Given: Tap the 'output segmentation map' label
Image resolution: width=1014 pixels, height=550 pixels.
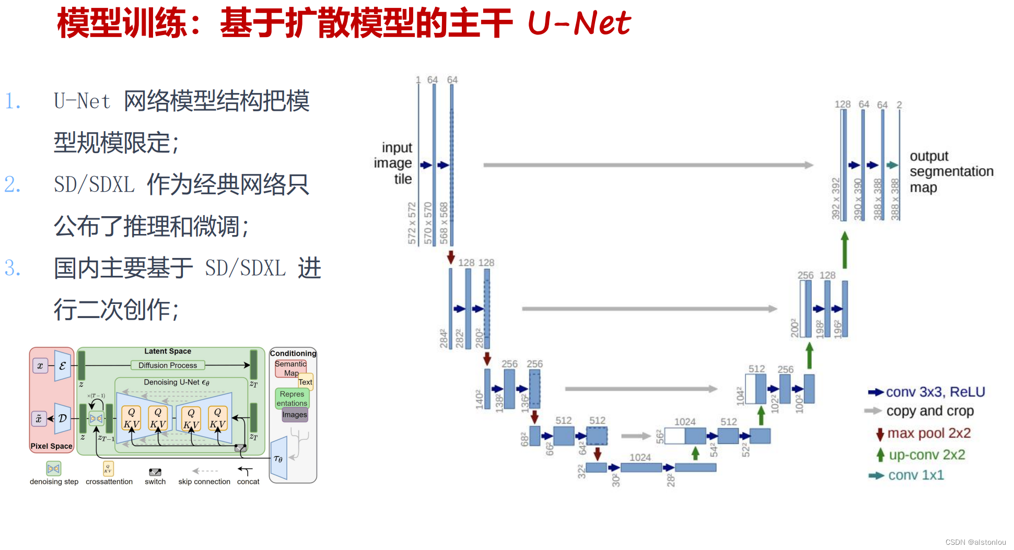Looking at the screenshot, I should coord(951,171).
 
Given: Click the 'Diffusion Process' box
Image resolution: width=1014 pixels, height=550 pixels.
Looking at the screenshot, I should coord(168,365).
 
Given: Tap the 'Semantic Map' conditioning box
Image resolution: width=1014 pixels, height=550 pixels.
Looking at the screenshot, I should coord(290,368).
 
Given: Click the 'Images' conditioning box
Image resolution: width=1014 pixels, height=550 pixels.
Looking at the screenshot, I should coord(295,415).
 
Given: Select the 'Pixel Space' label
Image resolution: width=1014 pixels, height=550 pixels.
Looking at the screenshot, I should coord(51,446).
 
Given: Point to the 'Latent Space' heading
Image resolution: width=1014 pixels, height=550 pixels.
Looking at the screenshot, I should coord(168,352).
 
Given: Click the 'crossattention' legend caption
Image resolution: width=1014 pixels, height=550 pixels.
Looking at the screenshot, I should coord(109,482).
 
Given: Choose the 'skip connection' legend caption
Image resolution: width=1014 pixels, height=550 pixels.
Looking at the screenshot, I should coord(204,482).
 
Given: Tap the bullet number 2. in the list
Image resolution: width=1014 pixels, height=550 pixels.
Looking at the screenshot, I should coord(13,184).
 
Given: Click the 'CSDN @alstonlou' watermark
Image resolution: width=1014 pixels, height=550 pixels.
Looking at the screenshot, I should coord(975,542).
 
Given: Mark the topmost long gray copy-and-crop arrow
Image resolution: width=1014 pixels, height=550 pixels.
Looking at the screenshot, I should coord(648,165).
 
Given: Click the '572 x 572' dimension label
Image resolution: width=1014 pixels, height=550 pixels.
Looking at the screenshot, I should coord(412,223).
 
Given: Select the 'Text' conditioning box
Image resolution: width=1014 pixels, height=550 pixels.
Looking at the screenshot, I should coord(306,382).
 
